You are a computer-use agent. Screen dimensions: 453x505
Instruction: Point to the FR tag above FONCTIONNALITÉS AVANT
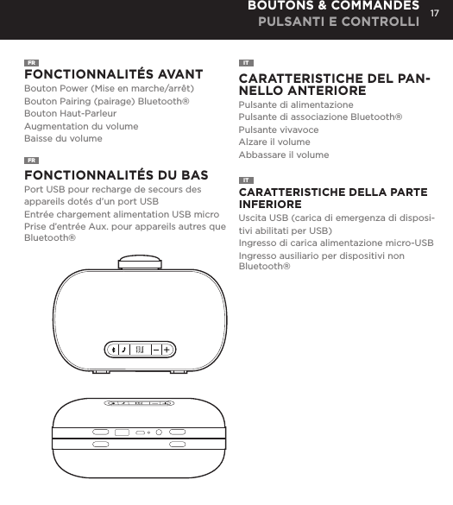[31, 63]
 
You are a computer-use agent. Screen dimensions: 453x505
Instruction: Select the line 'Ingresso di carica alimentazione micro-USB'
[336, 243]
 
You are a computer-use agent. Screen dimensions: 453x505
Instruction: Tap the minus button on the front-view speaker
[157, 350]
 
